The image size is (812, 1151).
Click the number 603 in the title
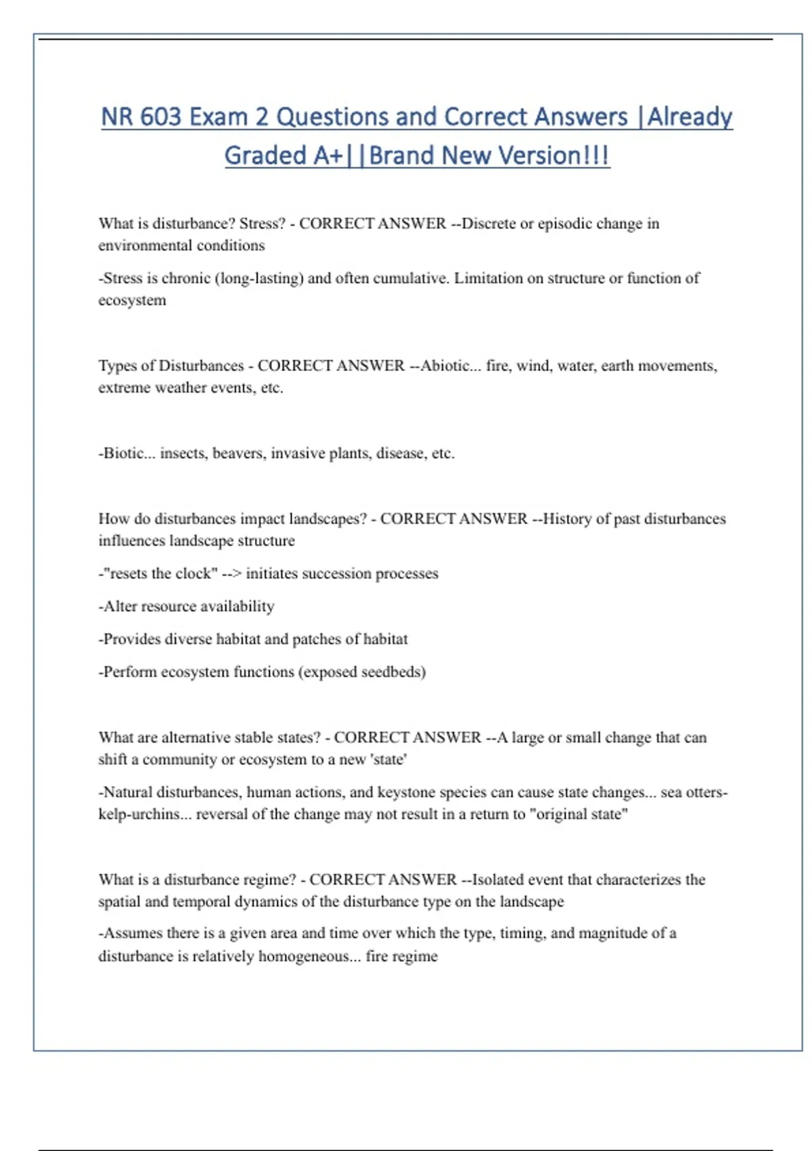[161, 117]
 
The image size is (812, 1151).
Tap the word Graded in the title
[265, 156]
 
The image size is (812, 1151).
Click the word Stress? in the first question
[262, 223]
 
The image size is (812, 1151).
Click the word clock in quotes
[197, 573]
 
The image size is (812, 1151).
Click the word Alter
[120, 606]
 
